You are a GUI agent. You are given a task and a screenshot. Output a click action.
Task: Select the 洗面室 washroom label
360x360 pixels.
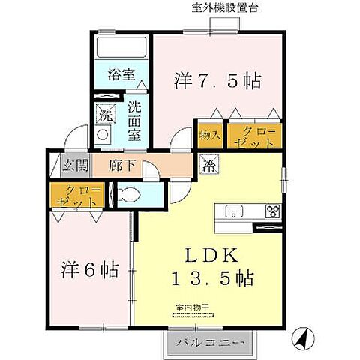coord(135,119)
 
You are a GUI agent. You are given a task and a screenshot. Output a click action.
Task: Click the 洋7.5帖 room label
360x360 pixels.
coord(219,80)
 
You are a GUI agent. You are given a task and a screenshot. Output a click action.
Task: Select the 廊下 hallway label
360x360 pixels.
coord(120,165)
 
